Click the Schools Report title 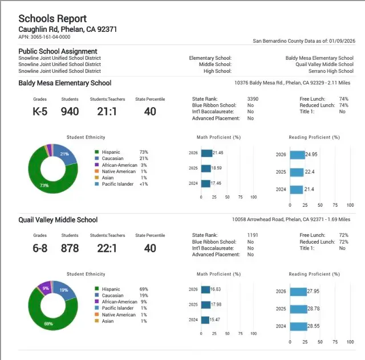(53, 18)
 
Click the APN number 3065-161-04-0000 (44, 37)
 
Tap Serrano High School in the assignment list (332, 71)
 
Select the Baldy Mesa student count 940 (70, 111)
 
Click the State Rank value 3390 (253, 99)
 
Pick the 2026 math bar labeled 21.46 (206, 153)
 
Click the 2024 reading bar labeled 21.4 (296, 190)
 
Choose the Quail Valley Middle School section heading (58, 220)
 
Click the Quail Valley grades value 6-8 (40, 248)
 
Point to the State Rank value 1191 (253, 235)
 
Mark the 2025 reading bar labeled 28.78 (298, 309)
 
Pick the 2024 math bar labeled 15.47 (205, 320)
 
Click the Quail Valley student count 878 (70, 248)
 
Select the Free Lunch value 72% (343, 235)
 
